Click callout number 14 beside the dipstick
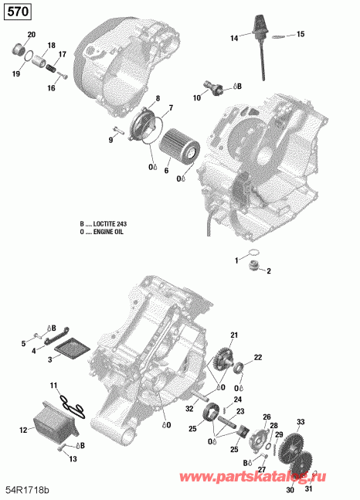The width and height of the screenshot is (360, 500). pyautogui.click(x=234, y=38)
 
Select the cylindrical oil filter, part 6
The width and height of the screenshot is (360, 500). pyautogui.click(x=179, y=146)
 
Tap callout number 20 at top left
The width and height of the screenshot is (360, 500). pyautogui.click(x=31, y=36)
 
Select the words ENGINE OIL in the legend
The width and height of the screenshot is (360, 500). pyautogui.click(x=113, y=231)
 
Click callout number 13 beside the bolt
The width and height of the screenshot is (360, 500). pyautogui.click(x=73, y=459)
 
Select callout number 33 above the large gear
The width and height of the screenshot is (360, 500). pyautogui.click(x=301, y=421)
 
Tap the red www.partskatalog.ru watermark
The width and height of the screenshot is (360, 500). pyautogui.click(x=278, y=481)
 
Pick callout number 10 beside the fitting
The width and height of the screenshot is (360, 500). pyautogui.click(x=197, y=98)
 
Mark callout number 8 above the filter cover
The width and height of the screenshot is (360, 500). pyautogui.click(x=158, y=98)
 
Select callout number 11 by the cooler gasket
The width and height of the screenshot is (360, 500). pyautogui.click(x=53, y=385)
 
